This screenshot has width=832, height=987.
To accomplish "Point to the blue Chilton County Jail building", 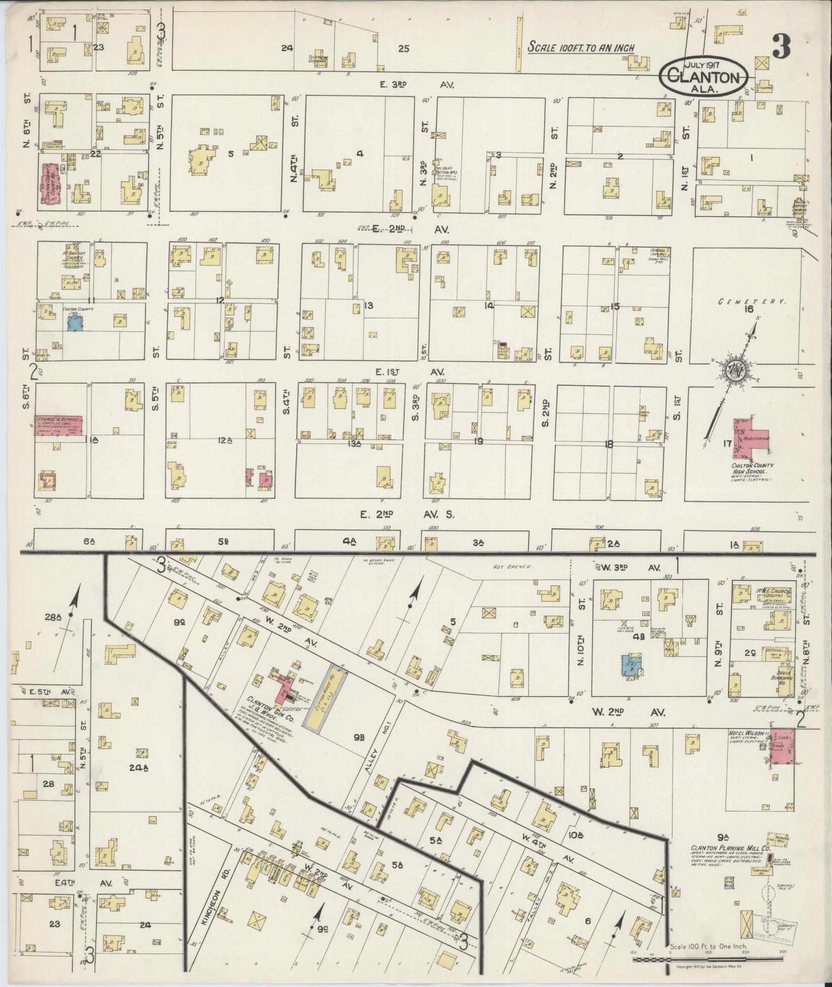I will (x=75, y=323).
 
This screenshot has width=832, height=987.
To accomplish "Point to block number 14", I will (x=488, y=305).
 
